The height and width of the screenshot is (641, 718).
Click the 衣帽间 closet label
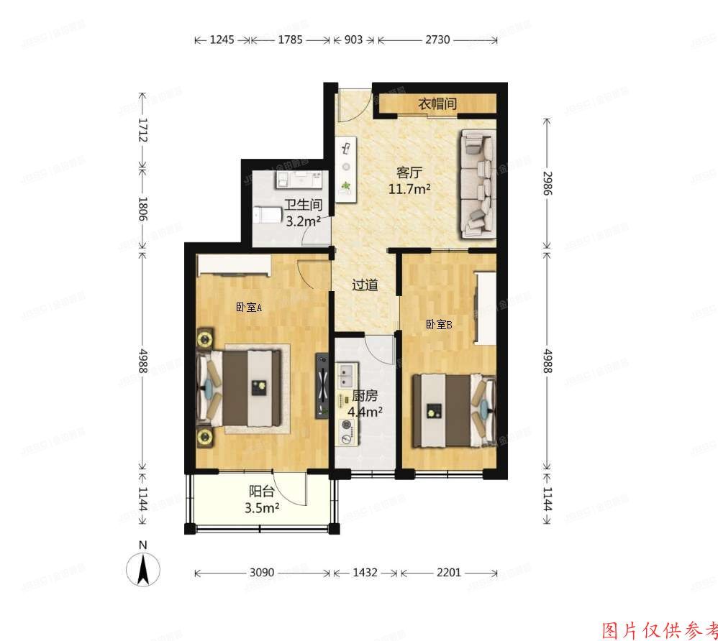click(x=437, y=104)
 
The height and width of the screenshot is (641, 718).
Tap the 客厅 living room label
click(x=409, y=172)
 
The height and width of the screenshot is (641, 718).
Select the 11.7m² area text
click(x=409, y=189)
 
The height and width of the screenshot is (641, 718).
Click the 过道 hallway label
click(x=365, y=285)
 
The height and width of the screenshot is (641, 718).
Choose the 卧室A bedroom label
click(x=248, y=308)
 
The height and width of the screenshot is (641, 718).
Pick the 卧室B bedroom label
click(x=439, y=325)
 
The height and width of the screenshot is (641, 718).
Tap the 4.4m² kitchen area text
click(x=365, y=412)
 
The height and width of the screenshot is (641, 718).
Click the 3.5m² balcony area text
click(x=263, y=508)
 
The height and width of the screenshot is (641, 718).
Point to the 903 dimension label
click(x=354, y=40)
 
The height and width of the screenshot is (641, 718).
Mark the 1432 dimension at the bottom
click(x=365, y=573)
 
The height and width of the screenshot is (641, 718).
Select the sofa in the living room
click(x=479, y=183)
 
